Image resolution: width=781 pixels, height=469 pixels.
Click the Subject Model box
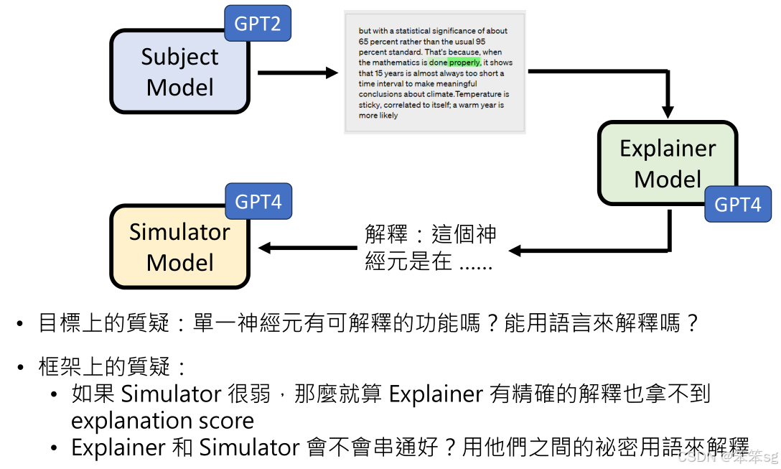[x=179, y=72]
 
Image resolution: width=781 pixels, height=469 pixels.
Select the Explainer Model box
[x=668, y=163]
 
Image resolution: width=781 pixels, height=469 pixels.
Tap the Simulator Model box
[x=179, y=246]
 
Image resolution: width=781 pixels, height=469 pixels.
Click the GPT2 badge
[x=258, y=24]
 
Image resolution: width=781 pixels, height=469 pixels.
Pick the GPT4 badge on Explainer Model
[x=737, y=205]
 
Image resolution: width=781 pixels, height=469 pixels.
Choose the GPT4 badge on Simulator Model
[x=258, y=202]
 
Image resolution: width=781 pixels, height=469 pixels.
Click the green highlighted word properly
[x=465, y=62]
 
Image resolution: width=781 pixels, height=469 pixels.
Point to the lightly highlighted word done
[x=438, y=62]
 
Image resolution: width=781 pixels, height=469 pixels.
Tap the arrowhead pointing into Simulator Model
[x=264, y=248]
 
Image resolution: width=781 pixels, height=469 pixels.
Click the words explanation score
[x=162, y=420]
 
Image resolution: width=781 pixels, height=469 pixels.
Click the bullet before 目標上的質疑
[x=21, y=325]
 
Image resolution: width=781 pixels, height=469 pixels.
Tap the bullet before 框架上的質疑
[x=21, y=368]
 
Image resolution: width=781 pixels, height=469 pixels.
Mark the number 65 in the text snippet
[x=363, y=42]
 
